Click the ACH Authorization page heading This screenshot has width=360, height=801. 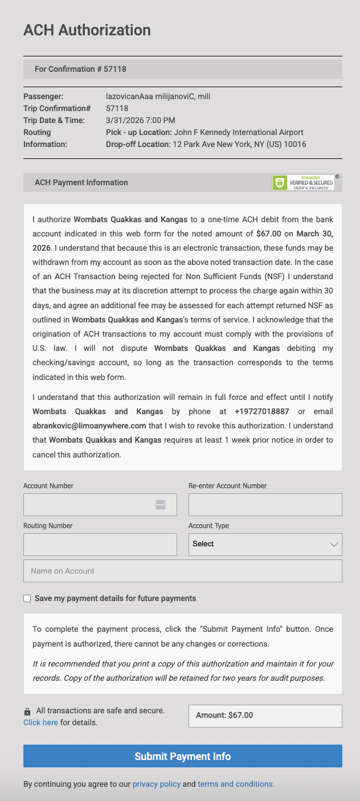(x=87, y=30)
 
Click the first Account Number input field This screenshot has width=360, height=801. (x=88, y=505)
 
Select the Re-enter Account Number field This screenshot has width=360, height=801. (x=265, y=505)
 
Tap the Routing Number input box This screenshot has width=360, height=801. (x=100, y=545)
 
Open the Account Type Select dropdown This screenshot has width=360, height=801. (x=265, y=545)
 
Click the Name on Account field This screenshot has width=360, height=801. (x=182, y=571)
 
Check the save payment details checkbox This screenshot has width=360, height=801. (x=27, y=599)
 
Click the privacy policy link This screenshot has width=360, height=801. (x=156, y=784)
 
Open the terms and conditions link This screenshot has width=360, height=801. (x=236, y=784)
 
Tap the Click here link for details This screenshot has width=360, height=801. (x=40, y=723)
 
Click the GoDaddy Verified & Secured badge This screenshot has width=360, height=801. (x=303, y=182)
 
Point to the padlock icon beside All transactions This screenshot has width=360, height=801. (x=27, y=712)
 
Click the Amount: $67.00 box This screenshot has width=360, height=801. (x=265, y=716)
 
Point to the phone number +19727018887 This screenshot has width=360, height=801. (x=262, y=411)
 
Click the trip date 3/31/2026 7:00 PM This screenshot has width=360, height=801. (x=140, y=120)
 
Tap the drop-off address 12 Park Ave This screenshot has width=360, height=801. (x=239, y=145)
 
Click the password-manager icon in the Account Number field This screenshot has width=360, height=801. (x=161, y=505)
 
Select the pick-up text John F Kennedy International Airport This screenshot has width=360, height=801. (x=239, y=133)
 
